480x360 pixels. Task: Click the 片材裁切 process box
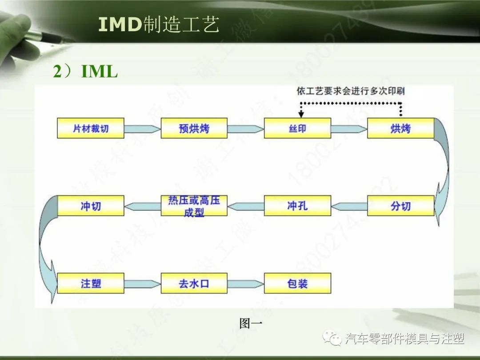tap(91, 128)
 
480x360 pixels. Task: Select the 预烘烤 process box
tap(194, 128)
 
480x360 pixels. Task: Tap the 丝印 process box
tap(297, 128)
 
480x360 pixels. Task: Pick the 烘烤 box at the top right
tap(400, 128)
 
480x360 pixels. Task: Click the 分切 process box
tap(400, 206)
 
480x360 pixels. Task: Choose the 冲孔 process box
tap(297, 206)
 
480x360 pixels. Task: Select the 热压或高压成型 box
tap(194, 206)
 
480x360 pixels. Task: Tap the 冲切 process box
tap(91, 206)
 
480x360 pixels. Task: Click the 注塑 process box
tap(91, 283)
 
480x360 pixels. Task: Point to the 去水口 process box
tap(194, 283)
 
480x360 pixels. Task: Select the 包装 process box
tap(297, 283)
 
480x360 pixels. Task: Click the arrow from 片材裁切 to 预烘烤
tap(142, 129)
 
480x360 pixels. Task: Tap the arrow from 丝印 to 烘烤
tap(348, 129)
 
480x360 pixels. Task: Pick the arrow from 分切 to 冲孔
tap(349, 206)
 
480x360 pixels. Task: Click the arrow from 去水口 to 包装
tap(245, 284)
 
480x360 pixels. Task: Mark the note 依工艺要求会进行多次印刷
tap(351, 91)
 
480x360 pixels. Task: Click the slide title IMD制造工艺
tap(159, 25)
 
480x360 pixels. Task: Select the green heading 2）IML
tap(85, 71)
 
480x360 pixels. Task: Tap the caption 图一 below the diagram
tap(251, 323)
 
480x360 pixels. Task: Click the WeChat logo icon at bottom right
tap(333, 339)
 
